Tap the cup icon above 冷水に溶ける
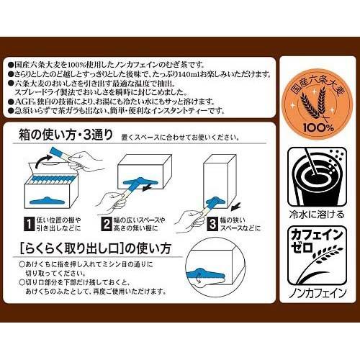pyautogui.click(x=316, y=171)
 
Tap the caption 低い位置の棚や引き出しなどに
pyautogui.click(x=60, y=226)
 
